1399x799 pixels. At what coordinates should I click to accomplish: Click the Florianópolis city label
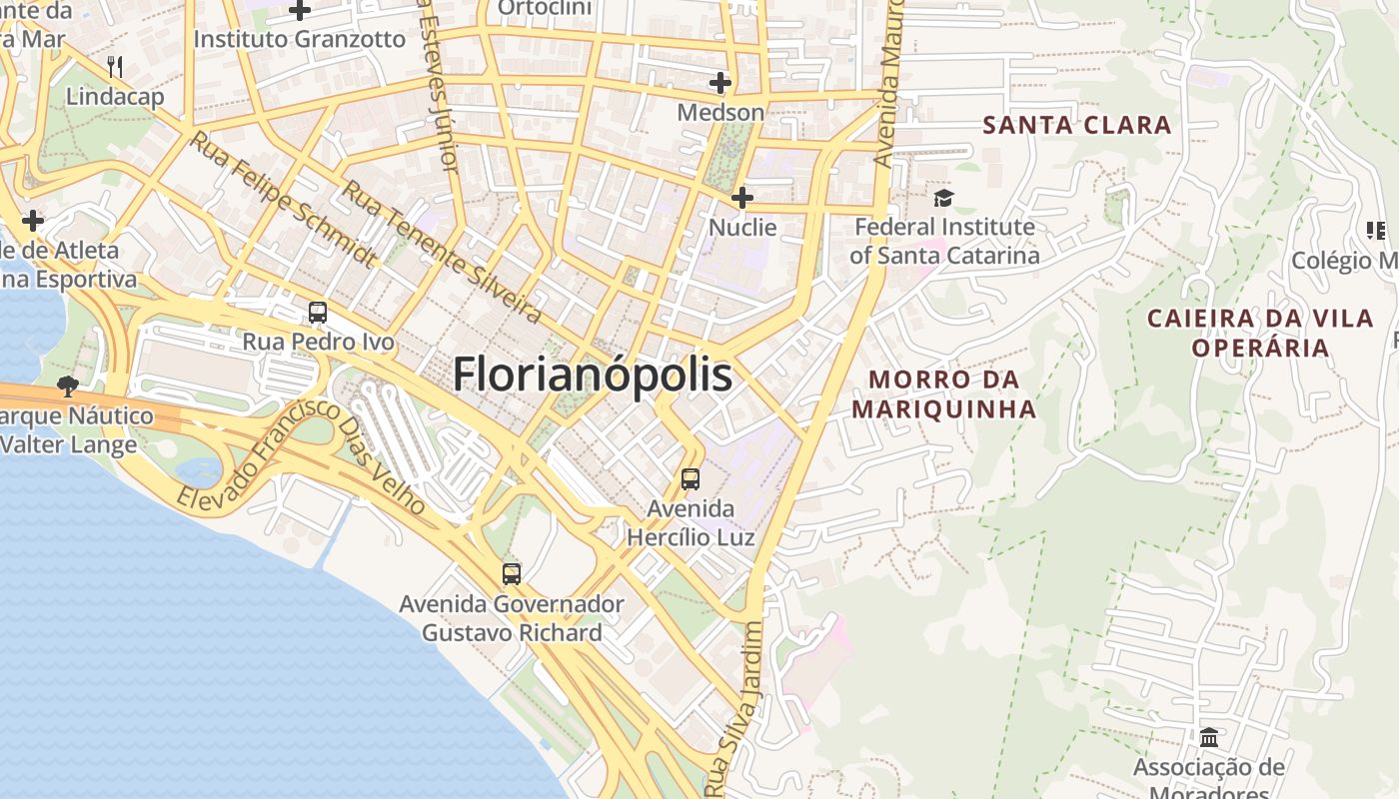pos(593,376)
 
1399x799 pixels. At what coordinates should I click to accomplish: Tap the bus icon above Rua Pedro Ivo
pos(318,313)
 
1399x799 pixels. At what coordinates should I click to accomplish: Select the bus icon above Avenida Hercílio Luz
pos(691,478)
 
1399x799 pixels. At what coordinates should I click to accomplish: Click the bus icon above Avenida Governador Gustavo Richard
pos(512,574)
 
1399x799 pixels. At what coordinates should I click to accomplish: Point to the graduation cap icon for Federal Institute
pos(944,198)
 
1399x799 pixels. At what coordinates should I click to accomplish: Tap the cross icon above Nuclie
pos(741,198)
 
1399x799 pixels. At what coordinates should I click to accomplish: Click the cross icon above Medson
pos(719,83)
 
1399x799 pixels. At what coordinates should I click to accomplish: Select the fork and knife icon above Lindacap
pos(115,67)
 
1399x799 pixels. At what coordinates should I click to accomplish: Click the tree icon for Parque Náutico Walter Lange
pos(68,386)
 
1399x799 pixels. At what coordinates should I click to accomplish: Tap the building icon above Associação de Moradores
pos(1209,737)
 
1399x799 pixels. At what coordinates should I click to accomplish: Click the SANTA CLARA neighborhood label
pos(1076,125)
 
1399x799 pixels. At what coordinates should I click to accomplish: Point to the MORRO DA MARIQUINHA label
pos(943,395)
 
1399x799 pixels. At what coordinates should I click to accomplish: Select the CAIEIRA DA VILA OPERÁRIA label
pos(1260,333)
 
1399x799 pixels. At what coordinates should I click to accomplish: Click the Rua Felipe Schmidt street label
pos(283,201)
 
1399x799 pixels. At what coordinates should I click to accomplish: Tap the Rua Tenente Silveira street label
pos(441,252)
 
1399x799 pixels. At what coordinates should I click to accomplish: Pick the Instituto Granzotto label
pos(299,40)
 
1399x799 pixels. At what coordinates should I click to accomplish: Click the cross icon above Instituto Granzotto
pos(300,11)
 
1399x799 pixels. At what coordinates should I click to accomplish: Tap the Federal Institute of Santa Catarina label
pos(944,241)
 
